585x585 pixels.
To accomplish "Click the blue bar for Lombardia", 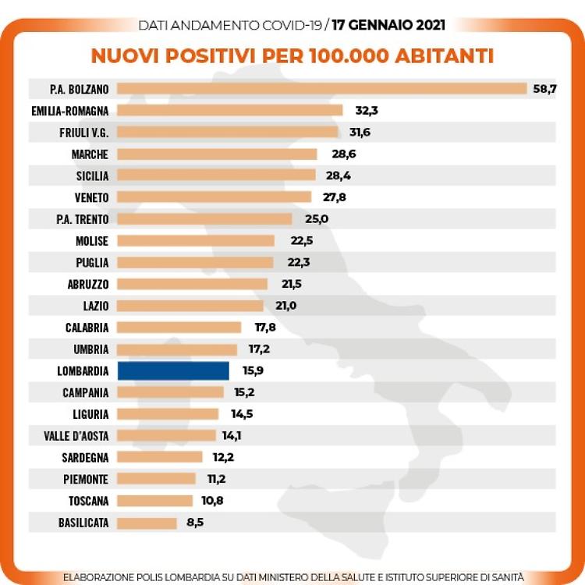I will point(172,370).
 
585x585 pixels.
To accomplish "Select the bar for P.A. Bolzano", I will point(322,89).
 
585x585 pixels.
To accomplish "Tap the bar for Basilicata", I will point(147,523).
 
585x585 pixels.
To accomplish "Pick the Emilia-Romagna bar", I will point(230,111).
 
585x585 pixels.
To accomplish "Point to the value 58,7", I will point(544,89).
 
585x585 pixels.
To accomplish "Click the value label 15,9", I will point(246,370).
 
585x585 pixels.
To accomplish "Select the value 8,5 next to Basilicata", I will point(194,523).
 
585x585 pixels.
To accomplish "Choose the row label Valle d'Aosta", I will point(76,436).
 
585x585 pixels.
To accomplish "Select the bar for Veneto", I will point(214,197).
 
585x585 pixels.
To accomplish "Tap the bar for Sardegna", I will point(160,457).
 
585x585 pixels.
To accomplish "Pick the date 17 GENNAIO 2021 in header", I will point(388,24).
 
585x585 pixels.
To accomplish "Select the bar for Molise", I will point(196,241).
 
